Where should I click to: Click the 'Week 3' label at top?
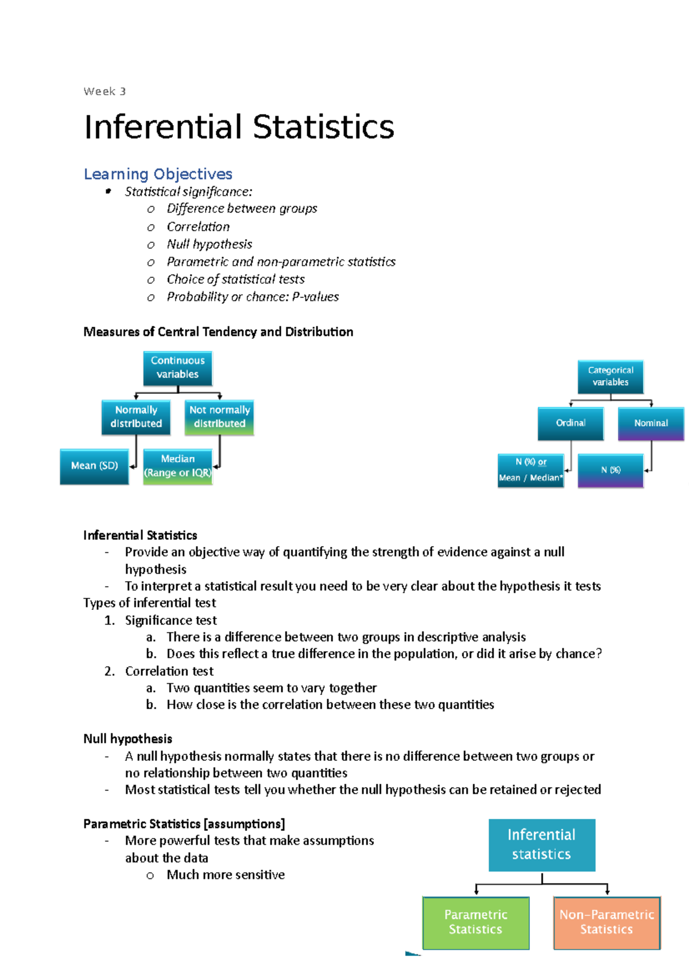coord(104,91)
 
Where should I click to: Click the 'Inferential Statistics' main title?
coord(239,127)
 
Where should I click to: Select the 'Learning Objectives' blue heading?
coord(158,174)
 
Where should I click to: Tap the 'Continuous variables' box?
coord(177,367)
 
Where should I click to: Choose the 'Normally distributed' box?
coord(136,417)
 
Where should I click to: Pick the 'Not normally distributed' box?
coord(219,417)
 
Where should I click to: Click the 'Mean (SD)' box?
coord(94,466)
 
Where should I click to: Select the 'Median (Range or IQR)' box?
coord(177,466)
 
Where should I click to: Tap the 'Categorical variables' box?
coord(610,377)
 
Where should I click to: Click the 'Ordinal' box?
coord(571,423)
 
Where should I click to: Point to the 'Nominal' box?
coord(651,423)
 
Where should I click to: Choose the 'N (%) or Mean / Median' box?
coord(531,470)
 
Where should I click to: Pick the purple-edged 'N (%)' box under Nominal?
coord(610,470)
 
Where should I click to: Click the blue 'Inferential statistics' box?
coord(541,845)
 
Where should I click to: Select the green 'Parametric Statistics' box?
coord(475,922)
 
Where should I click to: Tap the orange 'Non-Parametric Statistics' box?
coord(607,922)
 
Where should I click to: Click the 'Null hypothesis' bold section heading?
coord(127,739)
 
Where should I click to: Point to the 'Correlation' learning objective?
coord(198,227)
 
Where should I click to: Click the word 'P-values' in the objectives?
coord(315,297)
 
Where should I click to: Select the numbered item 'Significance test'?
coord(171,621)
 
